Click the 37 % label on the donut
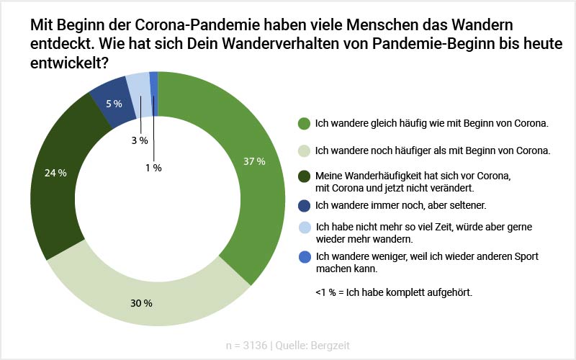coord(254,161)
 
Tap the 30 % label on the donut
coord(143,303)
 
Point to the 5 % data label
coord(113,104)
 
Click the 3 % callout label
coord(139,140)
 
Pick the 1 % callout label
coord(152,167)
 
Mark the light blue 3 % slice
coord(138,85)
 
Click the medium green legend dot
coord(305,123)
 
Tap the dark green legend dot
coord(305,175)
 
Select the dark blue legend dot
coord(305,205)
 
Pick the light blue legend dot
coord(305,226)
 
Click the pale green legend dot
coord(305,150)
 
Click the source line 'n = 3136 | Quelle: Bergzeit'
coord(288,346)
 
